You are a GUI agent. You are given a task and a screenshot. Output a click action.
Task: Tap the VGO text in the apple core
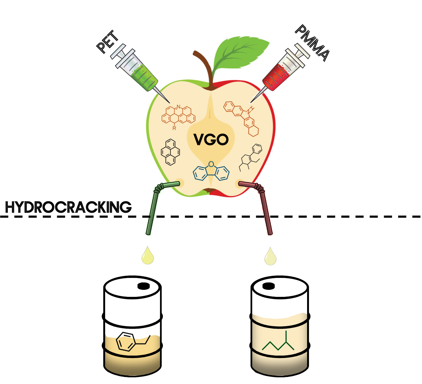tap(211, 140)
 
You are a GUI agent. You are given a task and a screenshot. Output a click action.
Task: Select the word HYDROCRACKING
tap(68, 207)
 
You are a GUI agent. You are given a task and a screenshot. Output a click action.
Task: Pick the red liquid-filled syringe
tap(281, 72)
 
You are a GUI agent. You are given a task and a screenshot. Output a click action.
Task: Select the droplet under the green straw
tap(148, 256)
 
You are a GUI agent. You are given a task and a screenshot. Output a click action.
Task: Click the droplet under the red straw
tap(270, 257)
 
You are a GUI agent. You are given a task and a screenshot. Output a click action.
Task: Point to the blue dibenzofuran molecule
tap(211, 172)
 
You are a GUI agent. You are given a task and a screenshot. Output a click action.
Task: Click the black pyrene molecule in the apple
tap(170, 152)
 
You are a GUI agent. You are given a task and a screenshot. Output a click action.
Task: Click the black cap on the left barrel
tap(143, 286)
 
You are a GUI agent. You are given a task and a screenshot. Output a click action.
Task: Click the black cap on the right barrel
tap(269, 286)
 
